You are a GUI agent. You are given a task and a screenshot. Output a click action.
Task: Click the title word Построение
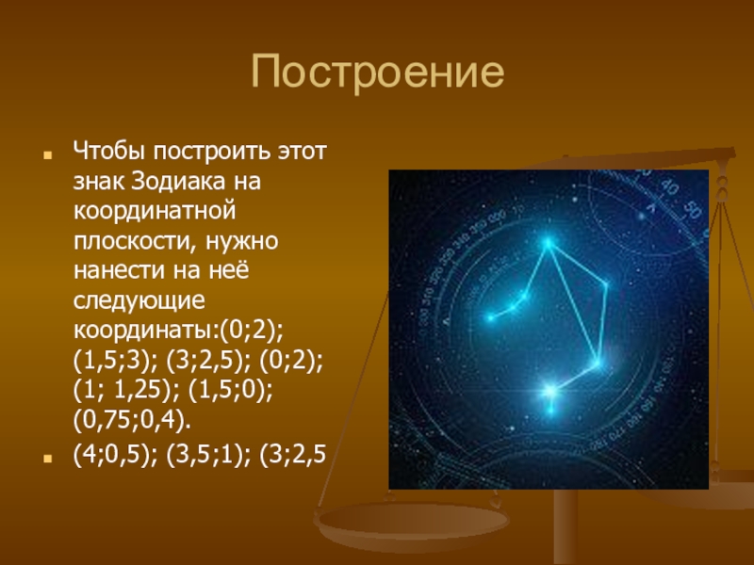378,73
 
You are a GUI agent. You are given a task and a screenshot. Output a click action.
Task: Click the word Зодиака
177,181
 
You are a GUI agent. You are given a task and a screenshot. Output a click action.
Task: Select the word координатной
155,211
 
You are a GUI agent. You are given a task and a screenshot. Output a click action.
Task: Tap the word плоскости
136,241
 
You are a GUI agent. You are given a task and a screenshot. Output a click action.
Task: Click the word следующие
139,300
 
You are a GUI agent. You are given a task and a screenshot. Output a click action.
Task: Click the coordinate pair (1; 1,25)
126,390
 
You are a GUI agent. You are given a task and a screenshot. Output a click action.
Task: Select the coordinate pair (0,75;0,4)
132,420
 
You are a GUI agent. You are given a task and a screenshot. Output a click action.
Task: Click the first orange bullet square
47,155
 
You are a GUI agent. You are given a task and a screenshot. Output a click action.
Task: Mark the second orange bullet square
47,459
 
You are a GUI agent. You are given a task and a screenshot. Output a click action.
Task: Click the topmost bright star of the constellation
548,243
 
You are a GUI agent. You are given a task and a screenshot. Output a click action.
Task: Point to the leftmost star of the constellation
490,317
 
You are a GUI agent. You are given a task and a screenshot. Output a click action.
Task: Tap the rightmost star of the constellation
605,284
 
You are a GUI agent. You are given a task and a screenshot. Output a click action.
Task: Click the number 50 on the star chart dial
693,209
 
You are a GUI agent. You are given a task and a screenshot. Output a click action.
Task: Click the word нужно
242,241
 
